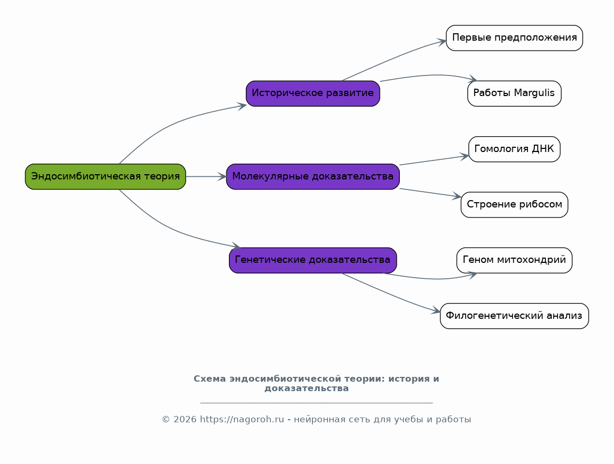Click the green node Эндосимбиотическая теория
105,177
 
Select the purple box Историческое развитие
313,93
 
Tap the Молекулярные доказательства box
313,177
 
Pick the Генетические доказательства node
313,260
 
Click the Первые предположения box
514,38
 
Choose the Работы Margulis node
514,93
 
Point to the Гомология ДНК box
514,149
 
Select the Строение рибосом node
514,205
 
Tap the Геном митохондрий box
514,260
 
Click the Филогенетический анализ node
514,316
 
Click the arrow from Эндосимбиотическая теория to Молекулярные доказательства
206,177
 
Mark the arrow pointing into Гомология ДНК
434,160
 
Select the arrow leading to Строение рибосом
430,193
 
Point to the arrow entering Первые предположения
394,58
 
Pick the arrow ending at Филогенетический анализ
390,294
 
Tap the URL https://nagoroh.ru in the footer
242,419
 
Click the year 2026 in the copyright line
185,419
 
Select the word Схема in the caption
210,379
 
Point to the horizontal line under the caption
316,402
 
